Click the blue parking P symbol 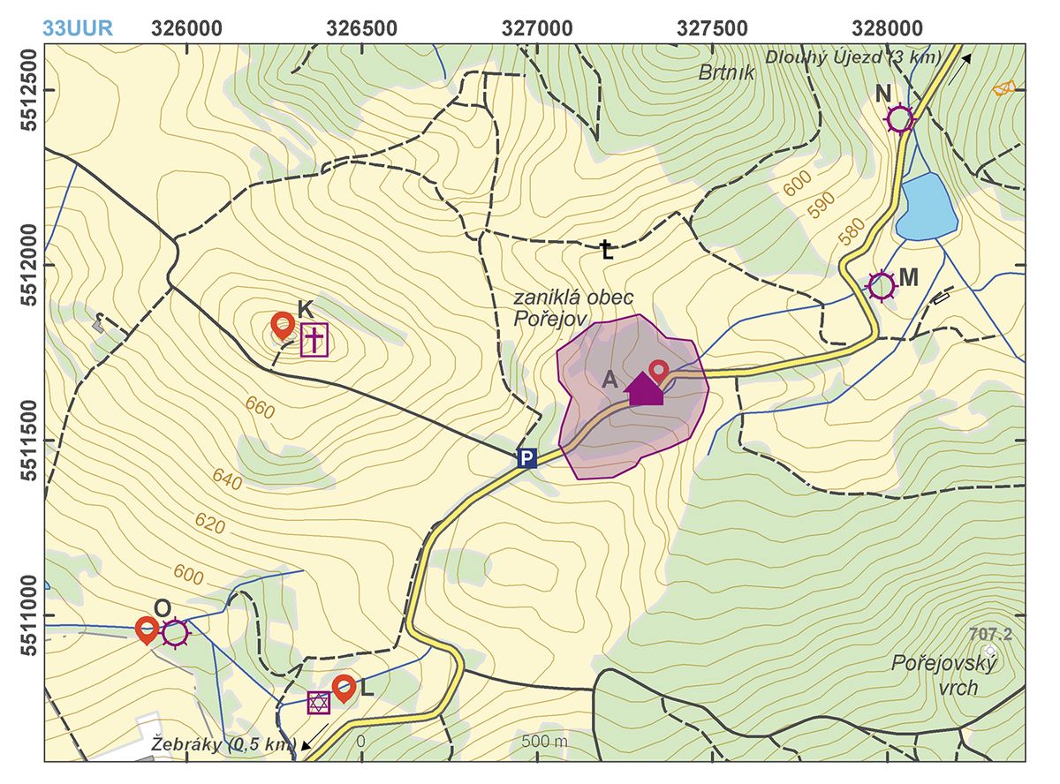526,457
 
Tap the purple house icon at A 645,388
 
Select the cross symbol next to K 314,339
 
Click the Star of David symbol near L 318,702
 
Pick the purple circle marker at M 882,285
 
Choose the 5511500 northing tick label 24,439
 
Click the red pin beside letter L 344,687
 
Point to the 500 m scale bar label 546,741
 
